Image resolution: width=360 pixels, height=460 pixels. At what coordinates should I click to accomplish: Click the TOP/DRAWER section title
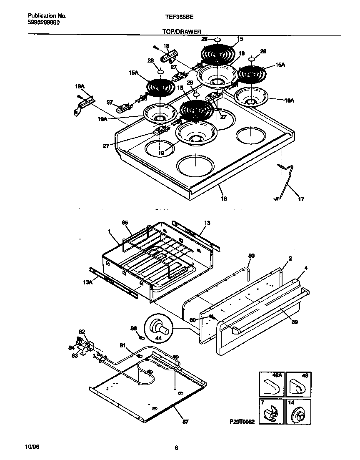tap(182, 32)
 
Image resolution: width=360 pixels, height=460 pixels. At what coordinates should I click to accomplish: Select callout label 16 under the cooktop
tap(224, 199)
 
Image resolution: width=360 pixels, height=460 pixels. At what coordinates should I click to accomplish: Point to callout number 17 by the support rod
tap(301, 199)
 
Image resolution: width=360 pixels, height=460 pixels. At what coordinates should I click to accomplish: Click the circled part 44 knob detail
tap(158, 329)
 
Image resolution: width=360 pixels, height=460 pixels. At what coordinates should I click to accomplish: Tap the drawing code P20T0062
tap(242, 422)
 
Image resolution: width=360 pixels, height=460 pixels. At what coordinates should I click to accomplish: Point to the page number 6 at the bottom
tap(176, 448)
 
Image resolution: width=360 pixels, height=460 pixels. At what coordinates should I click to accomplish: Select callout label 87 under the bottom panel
tap(185, 422)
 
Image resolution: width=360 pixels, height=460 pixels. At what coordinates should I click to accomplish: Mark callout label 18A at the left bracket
tap(79, 86)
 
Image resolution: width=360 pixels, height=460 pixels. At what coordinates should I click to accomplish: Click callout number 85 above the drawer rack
tap(125, 223)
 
